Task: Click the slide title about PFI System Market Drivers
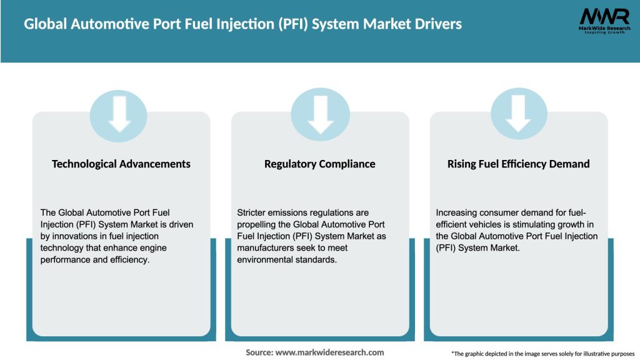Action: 242,24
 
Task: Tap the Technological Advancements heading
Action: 121,164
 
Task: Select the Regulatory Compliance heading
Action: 320,164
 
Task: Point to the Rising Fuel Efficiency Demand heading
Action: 518,164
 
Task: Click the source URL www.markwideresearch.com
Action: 329,352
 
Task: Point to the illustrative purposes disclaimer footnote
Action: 542,354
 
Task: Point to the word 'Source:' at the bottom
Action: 259,352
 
